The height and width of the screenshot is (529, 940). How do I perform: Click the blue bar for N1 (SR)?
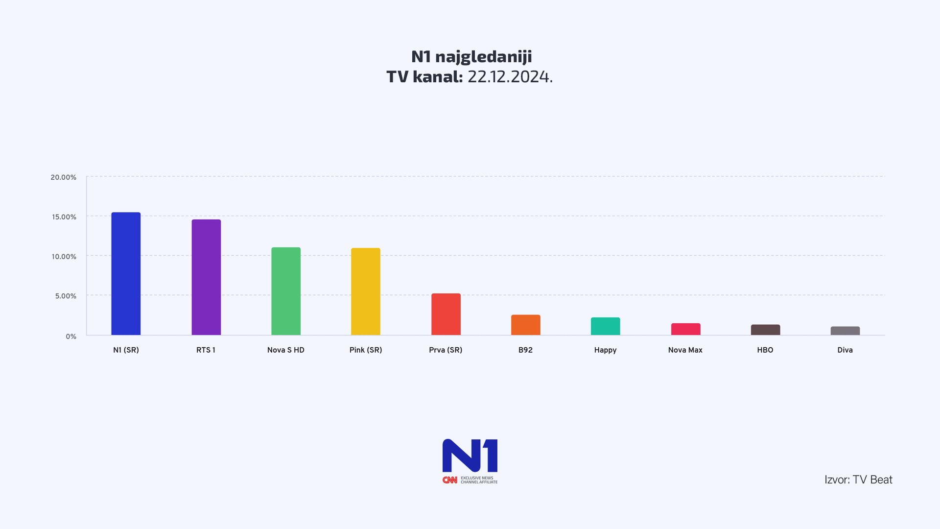coord(126,274)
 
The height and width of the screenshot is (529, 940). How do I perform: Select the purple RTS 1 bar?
coord(206,277)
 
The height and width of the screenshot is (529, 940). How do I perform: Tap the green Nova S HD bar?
coord(286,291)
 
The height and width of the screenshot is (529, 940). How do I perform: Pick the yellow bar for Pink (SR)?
coord(366,291)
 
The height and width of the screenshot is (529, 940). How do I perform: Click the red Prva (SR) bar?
coord(446,314)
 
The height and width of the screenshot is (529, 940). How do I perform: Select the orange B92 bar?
coord(525,325)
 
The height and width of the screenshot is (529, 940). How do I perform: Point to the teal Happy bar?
coord(605,327)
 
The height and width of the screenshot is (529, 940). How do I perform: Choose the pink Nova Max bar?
coord(685,330)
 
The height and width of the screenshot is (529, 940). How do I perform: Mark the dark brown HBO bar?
coord(765,330)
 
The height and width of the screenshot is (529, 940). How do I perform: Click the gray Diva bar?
coord(845,331)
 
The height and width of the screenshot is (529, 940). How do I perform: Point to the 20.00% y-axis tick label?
coord(64,177)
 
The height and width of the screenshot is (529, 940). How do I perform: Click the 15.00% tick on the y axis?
coord(64,217)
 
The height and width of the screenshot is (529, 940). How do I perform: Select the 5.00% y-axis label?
coord(66,296)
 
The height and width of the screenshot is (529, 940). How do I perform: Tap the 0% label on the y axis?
coord(71,337)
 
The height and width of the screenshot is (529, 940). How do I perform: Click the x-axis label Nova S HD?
coord(286,350)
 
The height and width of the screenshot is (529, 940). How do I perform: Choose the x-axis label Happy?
coord(605,350)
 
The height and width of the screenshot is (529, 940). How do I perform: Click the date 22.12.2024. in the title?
coord(510,77)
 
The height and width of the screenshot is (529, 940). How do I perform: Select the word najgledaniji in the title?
coord(483,57)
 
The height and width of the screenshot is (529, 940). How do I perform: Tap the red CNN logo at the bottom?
coord(449,480)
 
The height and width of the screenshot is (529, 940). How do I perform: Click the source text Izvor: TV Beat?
coord(858,480)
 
